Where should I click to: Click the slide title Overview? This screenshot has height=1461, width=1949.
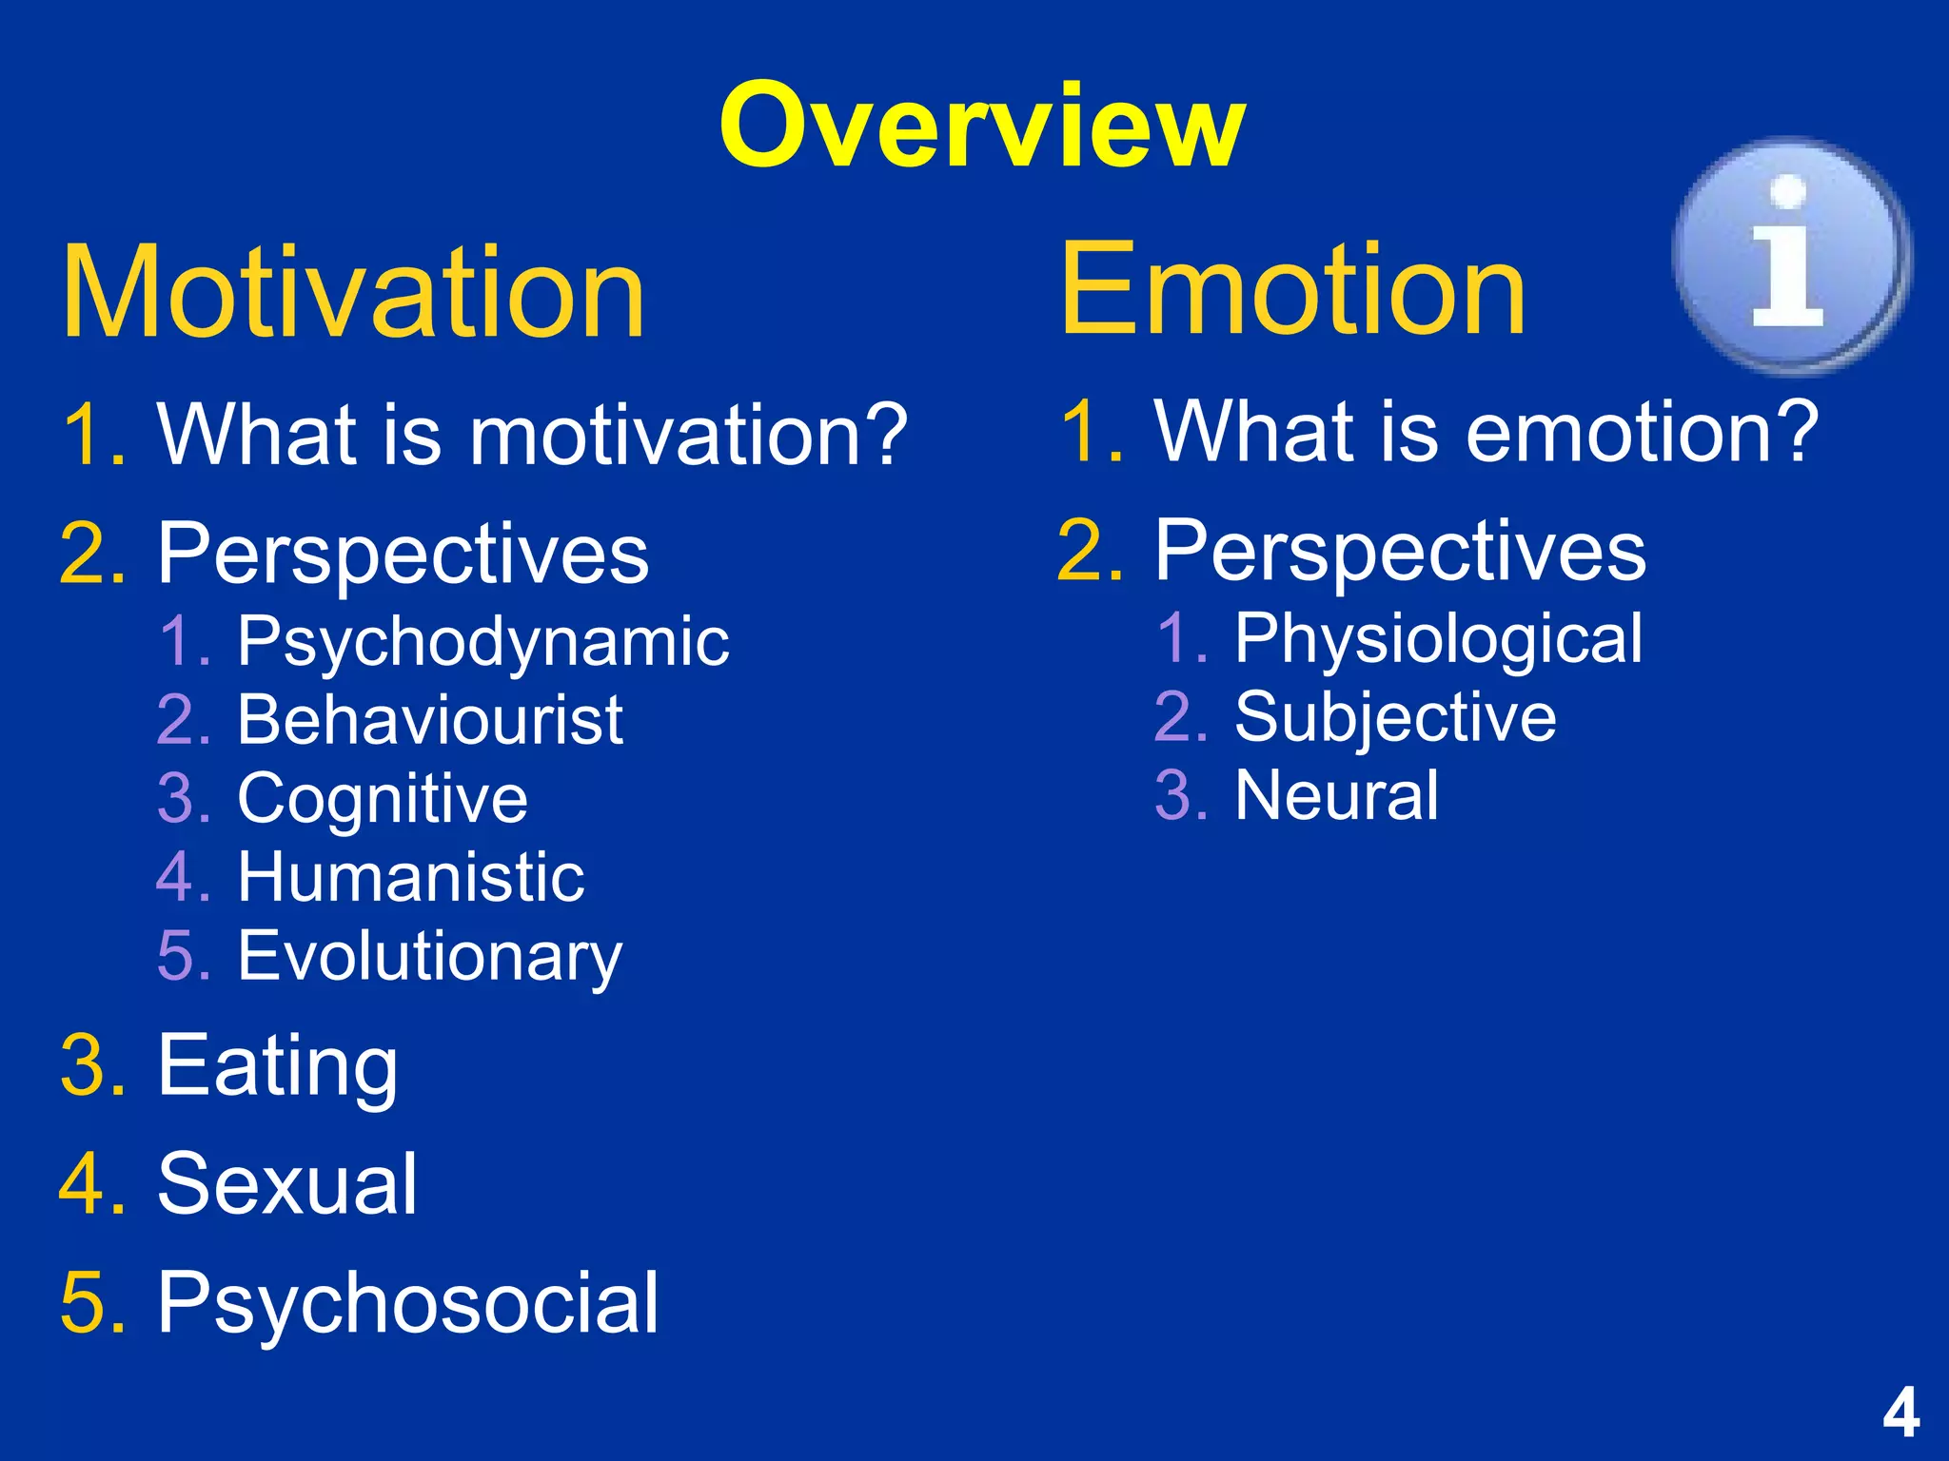click(981, 127)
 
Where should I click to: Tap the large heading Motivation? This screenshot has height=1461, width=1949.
click(353, 292)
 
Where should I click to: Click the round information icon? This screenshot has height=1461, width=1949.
click(1790, 255)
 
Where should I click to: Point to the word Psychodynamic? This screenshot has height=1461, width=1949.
click(482, 642)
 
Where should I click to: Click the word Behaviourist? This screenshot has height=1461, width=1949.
click(429, 720)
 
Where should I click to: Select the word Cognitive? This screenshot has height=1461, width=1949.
click(382, 798)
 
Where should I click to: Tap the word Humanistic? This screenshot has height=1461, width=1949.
click(410, 877)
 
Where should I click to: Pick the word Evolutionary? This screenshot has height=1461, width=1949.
click(429, 956)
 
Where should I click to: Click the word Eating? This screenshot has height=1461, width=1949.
click(277, 1066)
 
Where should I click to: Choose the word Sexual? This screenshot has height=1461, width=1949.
click(286, 1184)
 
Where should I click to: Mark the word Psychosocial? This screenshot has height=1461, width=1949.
click(407, 1303)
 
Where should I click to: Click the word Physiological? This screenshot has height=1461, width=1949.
click(1438, 638)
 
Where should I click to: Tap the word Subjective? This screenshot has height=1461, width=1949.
click(1395, 717)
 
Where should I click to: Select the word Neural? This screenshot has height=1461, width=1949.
click(1336, 795)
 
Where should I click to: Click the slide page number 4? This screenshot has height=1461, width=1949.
click(1900, 1413)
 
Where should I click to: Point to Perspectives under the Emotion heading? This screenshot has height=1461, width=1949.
click(1400, 551)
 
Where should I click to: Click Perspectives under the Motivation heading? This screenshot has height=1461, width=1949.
click(403, 554)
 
